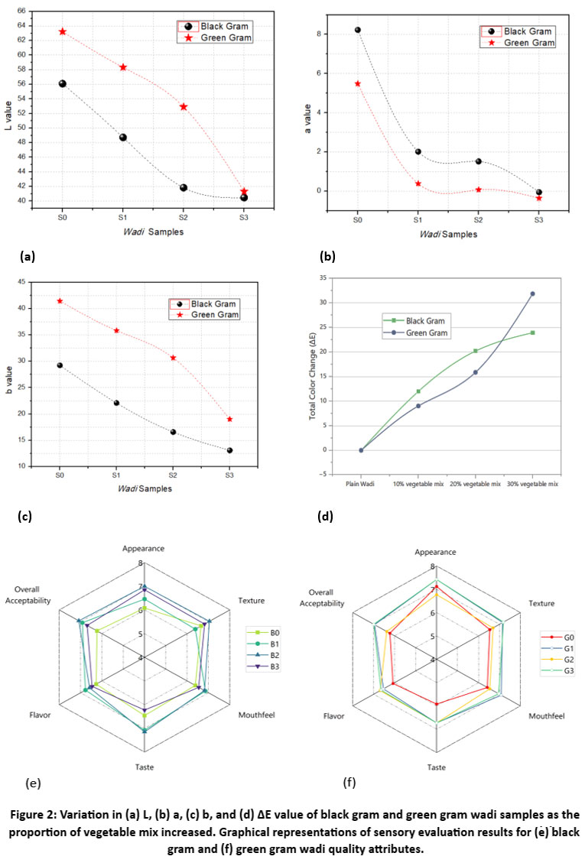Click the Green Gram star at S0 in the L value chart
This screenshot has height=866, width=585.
point(62,31)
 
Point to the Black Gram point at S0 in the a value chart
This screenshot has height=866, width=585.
point(357,30)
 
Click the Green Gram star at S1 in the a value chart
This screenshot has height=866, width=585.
point(418,183)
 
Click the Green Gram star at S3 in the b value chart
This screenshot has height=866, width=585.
point(229,419)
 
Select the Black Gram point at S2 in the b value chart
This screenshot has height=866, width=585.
point(173,432)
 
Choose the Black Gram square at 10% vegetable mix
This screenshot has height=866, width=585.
point(418,391)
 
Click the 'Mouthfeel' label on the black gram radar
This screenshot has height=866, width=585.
point(256,715)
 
